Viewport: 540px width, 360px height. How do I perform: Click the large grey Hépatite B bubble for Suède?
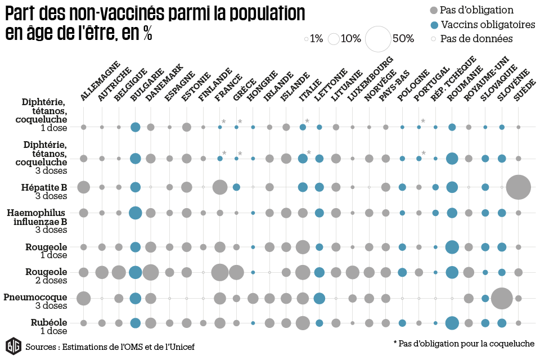pyautogui.click(x=518, y=187)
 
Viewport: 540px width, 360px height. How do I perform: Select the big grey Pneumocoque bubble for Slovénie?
pyautogui.click(x=501, y=298)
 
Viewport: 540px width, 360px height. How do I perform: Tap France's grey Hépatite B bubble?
pyautogui.click(x=220, y=187)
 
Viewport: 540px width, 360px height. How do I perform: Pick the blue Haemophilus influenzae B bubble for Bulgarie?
pyautogui.click(x=135, y=213)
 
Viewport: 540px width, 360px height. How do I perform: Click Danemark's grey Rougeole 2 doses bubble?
pyautogui.click(x=150, y=272)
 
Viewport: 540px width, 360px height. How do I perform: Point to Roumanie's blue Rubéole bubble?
pyautogui.click(x=452, y=323)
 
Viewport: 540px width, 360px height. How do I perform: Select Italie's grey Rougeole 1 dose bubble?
pyautogui.click(x=303, y=247)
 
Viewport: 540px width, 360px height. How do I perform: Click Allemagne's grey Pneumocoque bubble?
pyautogui.click(x=83, y=298)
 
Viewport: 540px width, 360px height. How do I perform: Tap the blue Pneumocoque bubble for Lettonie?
pyautogui.click(x=319, y=298)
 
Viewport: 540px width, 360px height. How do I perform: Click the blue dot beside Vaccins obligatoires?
pyautogui.click(x=433, y=25)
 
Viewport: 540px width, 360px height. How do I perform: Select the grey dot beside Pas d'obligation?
pyautogui.click(x=433, y=10)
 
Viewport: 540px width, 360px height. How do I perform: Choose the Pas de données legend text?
pyautogui.click(x=476, y=39)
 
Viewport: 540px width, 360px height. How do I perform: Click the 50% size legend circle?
pyautogui.click(x=378, y=39)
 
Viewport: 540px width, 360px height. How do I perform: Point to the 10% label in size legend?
pyautogui.click(x=350, y=39)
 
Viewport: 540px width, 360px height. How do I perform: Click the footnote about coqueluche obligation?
pyautogui.click(x=463, y=343)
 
